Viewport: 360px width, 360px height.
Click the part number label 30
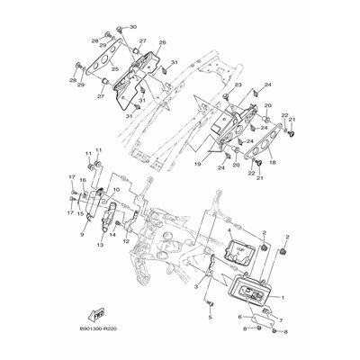(133, 28)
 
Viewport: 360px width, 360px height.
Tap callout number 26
(163, 42)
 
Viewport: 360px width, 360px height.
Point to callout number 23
(238, 85)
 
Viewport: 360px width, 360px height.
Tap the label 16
(82, 181)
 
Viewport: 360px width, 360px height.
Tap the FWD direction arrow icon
(92, 315)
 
